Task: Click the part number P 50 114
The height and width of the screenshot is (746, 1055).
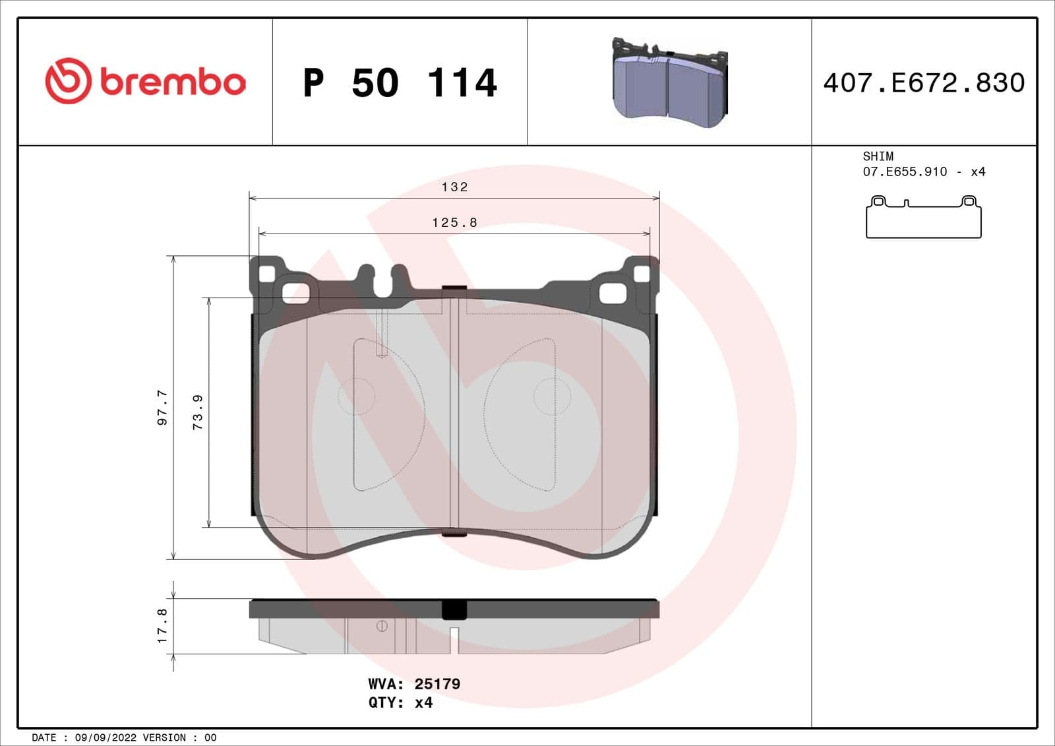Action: [x=400, y=83]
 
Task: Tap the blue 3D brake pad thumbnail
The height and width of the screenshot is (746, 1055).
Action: [x=669, y=82]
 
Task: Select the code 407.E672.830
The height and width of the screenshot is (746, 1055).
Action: [x=924, y=83]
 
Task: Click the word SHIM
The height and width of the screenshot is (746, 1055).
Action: [x=878, y=156]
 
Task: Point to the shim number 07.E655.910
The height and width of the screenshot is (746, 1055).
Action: [x=905, y=171]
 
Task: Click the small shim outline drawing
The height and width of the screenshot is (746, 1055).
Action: [x=923, y=217]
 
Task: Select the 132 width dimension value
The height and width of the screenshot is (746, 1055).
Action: [x=454, y=187]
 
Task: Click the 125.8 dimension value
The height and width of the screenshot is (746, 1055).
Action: [x=454, y=223]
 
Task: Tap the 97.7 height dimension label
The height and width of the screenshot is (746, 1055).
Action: [x=162, y=407]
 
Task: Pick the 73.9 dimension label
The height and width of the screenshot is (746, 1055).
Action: [x=198, y=412]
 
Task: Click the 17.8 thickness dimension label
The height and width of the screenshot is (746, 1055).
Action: [x=162, y=625]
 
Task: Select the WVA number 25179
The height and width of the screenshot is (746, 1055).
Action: [x=437, y=684]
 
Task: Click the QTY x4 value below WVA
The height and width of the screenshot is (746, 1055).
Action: [x=423, y=702]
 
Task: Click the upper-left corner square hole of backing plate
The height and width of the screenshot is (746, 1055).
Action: [x=266, y=274]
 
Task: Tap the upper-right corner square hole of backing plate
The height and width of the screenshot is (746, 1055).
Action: [x=641, y=274]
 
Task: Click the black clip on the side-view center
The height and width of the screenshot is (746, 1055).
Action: [x=454, y=609]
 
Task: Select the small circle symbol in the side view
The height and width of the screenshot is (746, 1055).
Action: [x=382, y=626]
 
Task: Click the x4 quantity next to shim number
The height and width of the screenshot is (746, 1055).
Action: [x=977, y=171]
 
